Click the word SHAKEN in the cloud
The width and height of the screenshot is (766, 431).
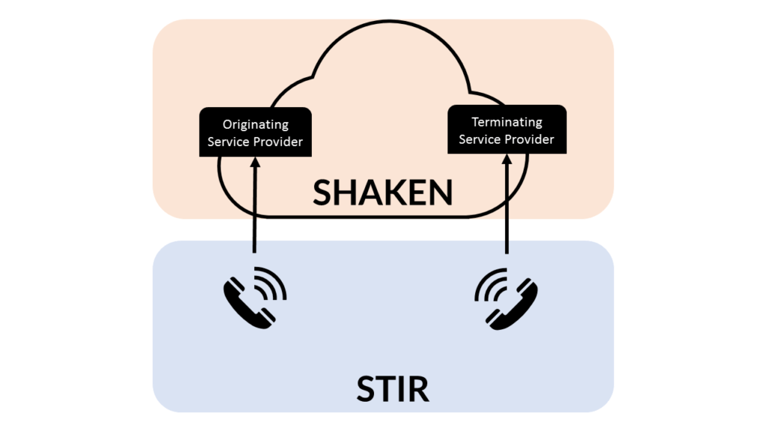pos(382,192)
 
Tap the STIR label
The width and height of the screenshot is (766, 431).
pos(382,389)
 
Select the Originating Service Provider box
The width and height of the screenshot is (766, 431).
pos(255,132)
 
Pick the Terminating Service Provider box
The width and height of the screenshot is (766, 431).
pos(506,130)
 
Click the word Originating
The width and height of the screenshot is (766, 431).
pos(256,124)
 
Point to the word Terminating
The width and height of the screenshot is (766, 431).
pos(506,122)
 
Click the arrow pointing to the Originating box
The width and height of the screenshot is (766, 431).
pos(255,210)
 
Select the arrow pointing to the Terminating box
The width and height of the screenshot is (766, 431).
pos(507,210)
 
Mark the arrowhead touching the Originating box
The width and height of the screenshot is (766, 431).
pos(255,162)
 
